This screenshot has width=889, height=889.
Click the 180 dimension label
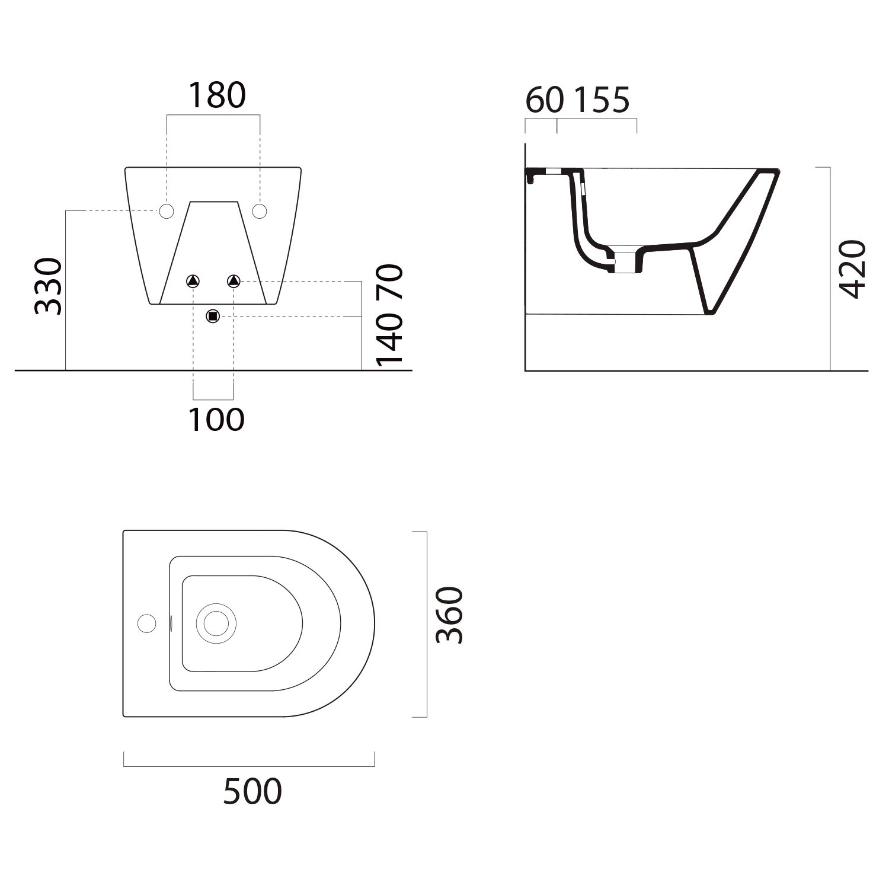tap(216, 95)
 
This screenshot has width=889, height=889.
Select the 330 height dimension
tap(49, 286)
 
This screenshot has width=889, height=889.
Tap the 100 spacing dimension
tap(216, 420)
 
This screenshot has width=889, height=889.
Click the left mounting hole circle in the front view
tap(166, 210)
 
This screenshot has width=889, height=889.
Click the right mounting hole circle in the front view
tap(260, 210)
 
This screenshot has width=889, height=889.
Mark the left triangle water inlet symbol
tap(194, 280)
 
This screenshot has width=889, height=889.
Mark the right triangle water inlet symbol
tap(234, 280)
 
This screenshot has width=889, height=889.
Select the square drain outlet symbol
tap(213, 316)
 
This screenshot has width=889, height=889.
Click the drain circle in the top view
tap(216, 623)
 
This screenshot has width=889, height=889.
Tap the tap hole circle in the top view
tap(146, 623)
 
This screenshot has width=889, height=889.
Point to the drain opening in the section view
tap(627, 261)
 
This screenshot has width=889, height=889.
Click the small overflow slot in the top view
tap(171, 623)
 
